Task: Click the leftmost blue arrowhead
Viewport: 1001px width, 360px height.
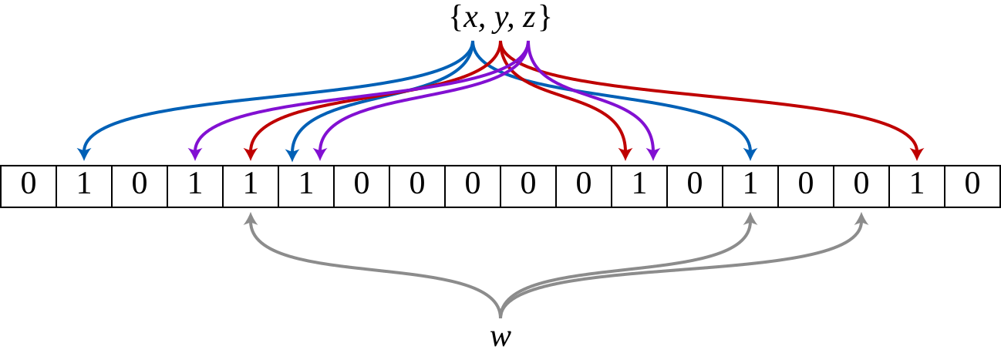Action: click(x=84, y=154)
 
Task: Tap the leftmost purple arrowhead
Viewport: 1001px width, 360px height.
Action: click(x=194, y=154)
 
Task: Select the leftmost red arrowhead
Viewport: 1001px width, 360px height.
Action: click(x=250, y=154)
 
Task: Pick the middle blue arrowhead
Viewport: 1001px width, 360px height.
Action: click(x=292, y=156)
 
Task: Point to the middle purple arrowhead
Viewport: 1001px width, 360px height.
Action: click(x=320, y=154)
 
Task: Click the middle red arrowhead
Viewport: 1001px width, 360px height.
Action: click(x=625, y=154)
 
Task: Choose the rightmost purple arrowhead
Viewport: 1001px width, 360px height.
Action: click(x=653, y=154)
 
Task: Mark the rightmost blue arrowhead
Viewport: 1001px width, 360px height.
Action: click(x=750, y=154)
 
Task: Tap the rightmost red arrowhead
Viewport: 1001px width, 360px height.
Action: click(x=916, y=154)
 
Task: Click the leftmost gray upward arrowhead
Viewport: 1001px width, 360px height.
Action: click(x=250, y=218)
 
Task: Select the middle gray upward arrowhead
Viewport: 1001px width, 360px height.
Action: click(x=750, y=218)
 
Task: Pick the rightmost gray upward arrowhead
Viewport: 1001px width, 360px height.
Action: click(x=861, y=218)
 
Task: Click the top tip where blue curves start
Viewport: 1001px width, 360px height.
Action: click(x=473, y=43)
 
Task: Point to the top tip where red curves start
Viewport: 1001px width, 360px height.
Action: click(x=501, y=43)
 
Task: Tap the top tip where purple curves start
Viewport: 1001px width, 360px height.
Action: click(x=528, y=43)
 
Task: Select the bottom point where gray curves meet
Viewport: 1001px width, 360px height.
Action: click(x=501, y=315)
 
